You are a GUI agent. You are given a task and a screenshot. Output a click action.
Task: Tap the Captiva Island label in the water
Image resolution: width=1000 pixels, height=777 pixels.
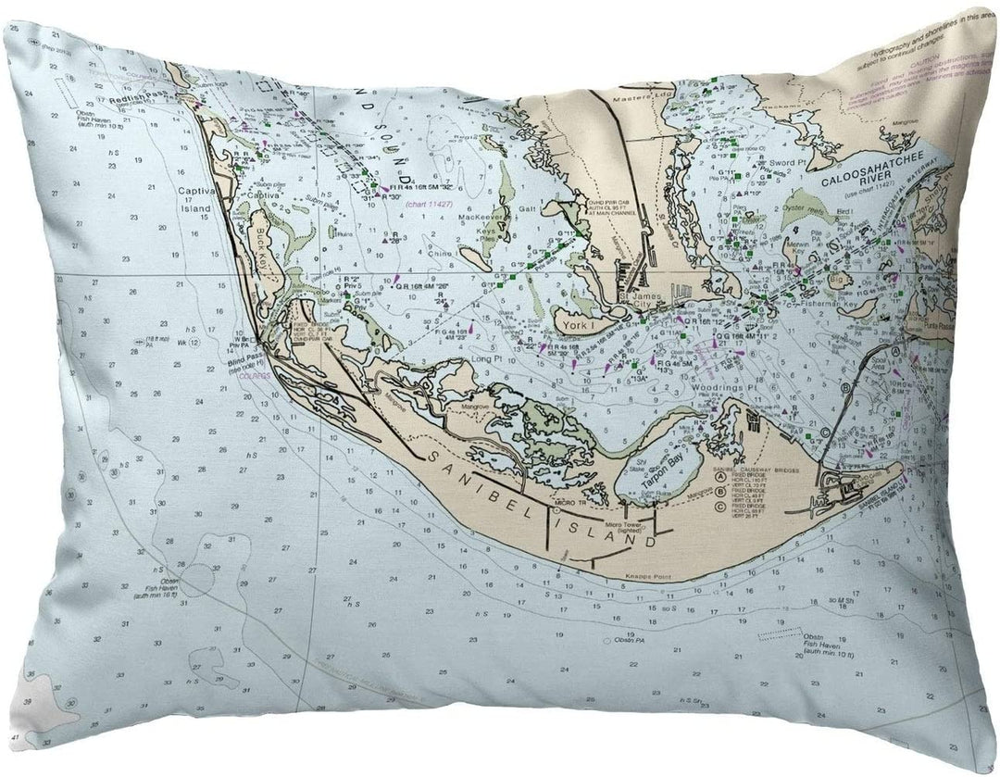(x=196, y=200)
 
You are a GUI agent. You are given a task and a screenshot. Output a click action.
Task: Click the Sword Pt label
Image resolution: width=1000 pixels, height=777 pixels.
(x=781, y=162)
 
